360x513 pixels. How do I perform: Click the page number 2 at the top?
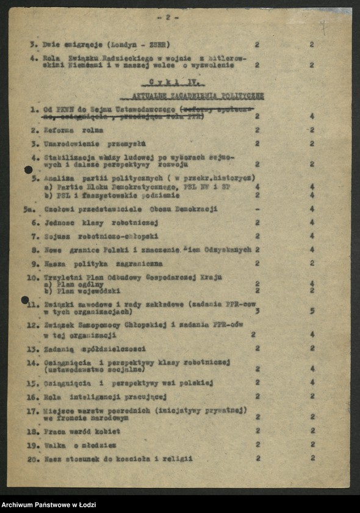click(x=167, y=18)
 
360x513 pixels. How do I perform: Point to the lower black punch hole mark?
click(x=25, y=300)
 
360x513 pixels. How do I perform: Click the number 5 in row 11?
click(x=312, y=311)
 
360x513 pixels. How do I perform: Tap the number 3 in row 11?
click(x=257, y=311)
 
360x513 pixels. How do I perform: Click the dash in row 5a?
click(x=257, y=209)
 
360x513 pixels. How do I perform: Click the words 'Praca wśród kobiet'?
click(x=82, y=431)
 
